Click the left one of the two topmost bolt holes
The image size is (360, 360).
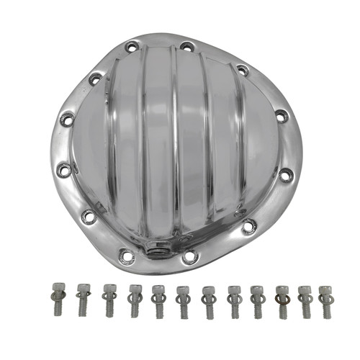pos(132,48)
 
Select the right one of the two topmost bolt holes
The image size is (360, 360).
pos(186,47)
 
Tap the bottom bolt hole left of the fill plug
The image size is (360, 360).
pos(127,254)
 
